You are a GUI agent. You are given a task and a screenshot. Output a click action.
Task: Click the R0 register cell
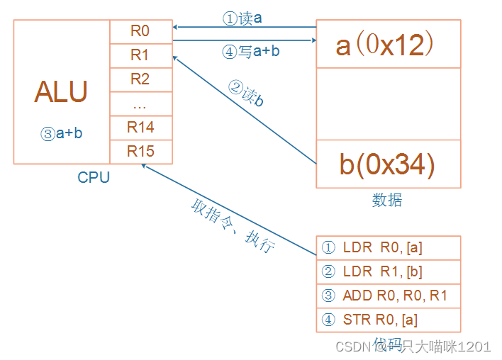[140, 30]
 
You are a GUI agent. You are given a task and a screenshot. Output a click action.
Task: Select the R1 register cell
[140, 55]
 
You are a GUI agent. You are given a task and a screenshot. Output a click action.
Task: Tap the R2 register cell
[140, 79]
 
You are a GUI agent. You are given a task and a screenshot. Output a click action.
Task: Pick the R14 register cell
[140, 128]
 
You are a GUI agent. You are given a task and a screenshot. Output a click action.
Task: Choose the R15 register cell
[140, 152]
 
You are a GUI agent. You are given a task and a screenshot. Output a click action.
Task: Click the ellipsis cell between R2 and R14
[140, 103]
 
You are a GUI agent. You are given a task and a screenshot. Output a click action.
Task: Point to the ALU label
[61, 92]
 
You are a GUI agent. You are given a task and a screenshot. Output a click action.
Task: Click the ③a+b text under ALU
[62, 133]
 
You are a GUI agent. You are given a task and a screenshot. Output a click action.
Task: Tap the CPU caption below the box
[94, 178]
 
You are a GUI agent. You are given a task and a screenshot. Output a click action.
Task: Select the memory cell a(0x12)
[388, 45]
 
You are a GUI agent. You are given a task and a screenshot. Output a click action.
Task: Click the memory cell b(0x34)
[388, 164]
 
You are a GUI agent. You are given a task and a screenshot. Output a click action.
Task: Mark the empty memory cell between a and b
[388, 104]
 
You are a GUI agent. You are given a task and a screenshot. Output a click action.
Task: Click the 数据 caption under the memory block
[387, 201]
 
